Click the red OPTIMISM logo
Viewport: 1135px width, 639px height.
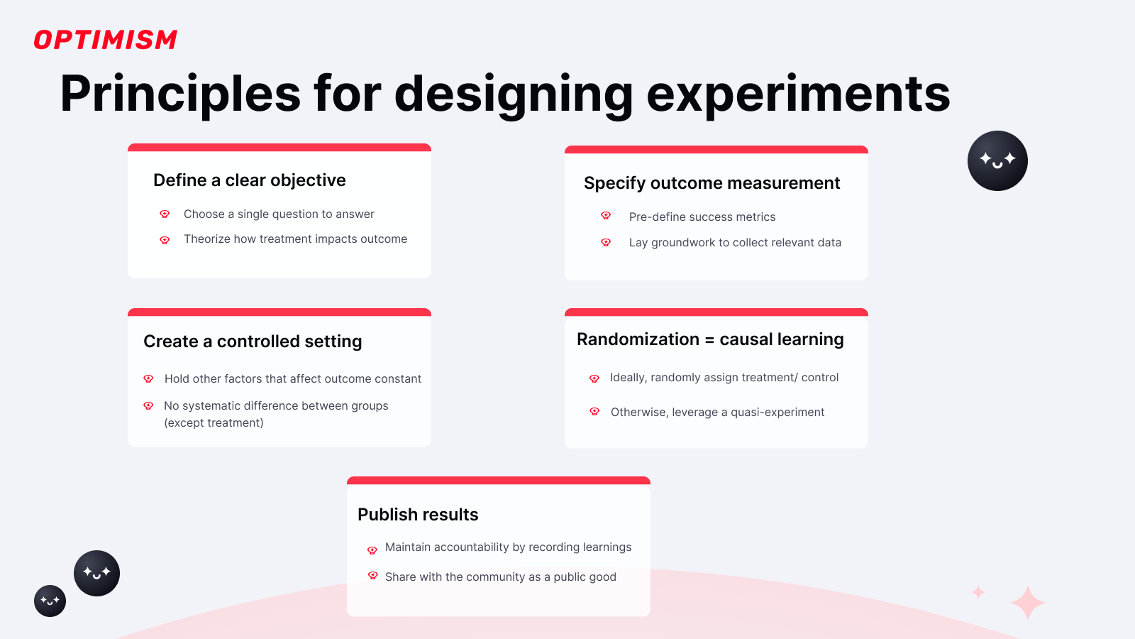[105, 40]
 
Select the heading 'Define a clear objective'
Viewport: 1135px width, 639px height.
[250, 180]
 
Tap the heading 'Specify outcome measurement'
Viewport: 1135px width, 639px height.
[712, 183]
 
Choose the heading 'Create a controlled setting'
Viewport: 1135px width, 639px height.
[253, 342]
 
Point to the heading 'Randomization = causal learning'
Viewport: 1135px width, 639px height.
[710, 339]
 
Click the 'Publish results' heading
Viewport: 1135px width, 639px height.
[418, 515]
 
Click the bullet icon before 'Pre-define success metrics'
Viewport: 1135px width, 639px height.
[606, 216]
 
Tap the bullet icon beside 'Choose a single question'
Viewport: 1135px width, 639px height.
[165, 214]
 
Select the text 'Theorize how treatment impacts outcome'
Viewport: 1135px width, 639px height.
[295, 239]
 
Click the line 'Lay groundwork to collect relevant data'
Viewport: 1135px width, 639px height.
[735, 243]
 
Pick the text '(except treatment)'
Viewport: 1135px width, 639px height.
[214, 423]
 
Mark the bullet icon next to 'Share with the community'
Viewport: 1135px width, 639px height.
[372, 576]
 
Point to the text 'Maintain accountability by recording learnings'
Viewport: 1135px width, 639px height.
[508, 547]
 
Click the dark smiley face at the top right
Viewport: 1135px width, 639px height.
[997, 160]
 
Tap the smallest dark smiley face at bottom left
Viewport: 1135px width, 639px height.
[50, 601]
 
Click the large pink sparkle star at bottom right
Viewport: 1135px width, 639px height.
[1027, 603]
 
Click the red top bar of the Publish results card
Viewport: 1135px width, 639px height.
[498, 481]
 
